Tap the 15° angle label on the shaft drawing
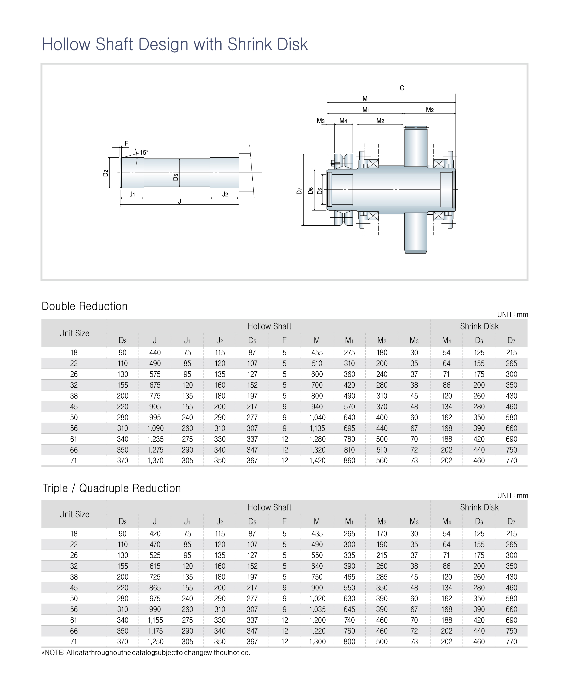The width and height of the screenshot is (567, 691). (x=144, y=152)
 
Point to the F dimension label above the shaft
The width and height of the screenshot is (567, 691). (x=127, y=143)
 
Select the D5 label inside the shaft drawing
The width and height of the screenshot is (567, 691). (x=176, y=177)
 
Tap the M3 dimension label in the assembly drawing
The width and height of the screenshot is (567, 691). (x=321, y=121)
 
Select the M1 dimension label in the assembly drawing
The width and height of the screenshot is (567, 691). (x=366, y=110)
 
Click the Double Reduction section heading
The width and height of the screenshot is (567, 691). (x=85, y=306)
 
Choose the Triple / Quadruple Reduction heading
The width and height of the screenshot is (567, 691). (x=112, y=488)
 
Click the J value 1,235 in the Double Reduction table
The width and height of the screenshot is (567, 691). (x=155, y=439)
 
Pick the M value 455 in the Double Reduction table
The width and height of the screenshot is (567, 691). (x=317, y=353)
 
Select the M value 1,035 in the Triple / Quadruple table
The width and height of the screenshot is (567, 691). (x=317, y=609)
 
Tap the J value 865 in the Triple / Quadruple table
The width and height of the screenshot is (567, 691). (x=155, y=588)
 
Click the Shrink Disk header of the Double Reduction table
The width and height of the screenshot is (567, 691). (x=479, y=326)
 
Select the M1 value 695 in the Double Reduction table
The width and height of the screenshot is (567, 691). (x=349, y=428)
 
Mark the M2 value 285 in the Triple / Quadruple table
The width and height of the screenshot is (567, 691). (x=382, y=577)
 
